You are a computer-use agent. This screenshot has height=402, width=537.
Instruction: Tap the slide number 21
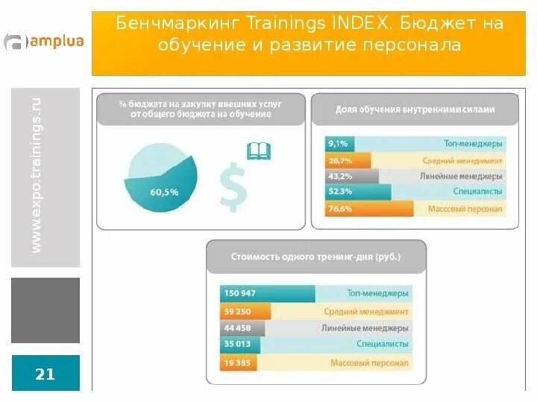(x=45, y=374)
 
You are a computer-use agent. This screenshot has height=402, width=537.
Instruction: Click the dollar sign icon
(x=233, y=186)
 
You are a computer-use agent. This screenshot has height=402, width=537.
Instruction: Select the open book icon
(x=258, y=151)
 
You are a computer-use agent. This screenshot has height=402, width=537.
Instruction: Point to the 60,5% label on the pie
(x=164, y=192)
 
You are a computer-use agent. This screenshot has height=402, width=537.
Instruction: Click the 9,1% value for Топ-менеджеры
(x=338, y=144)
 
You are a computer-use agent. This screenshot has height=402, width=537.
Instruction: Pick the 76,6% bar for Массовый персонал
(x=359, y=209)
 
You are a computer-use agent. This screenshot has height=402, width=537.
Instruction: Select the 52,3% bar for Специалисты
(x=357, y=193)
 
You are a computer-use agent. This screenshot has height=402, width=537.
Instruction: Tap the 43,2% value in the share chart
(x=340, y=176)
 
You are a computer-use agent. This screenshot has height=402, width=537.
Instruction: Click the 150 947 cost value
(x=240, y=293)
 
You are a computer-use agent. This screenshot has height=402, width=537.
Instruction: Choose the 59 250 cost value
(x=238, y=311)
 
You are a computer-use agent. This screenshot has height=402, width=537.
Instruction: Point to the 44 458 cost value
(x=238, y=328)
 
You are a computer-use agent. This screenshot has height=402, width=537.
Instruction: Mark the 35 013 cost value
(x=238, y=345)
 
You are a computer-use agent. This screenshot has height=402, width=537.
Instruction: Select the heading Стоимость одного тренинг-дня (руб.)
(x=315, y=258)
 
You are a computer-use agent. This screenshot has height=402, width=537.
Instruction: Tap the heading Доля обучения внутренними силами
(x=415, y=109)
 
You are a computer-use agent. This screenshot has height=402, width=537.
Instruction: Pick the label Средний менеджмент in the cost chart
(x=366, y=311)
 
